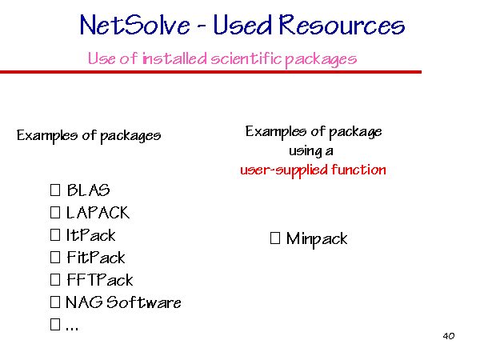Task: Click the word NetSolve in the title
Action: coord(134,26)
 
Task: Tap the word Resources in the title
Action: coord(342,25)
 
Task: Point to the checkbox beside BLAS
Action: coord(55,190)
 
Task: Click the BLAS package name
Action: coord(88,190)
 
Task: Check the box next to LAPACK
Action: coord(55,213)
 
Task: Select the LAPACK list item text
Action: coord(98,213)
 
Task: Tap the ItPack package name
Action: coord(91,235)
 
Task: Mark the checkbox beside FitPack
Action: coord(55,258)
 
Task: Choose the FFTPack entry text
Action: coord(100,280)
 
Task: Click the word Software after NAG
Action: coord(143,302)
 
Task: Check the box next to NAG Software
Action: coord(55,302)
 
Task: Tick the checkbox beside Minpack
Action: coord(275,238)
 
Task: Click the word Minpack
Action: coord(317,238)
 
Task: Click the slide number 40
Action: coord(449,336)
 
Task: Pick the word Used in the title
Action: coord(242,25)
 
